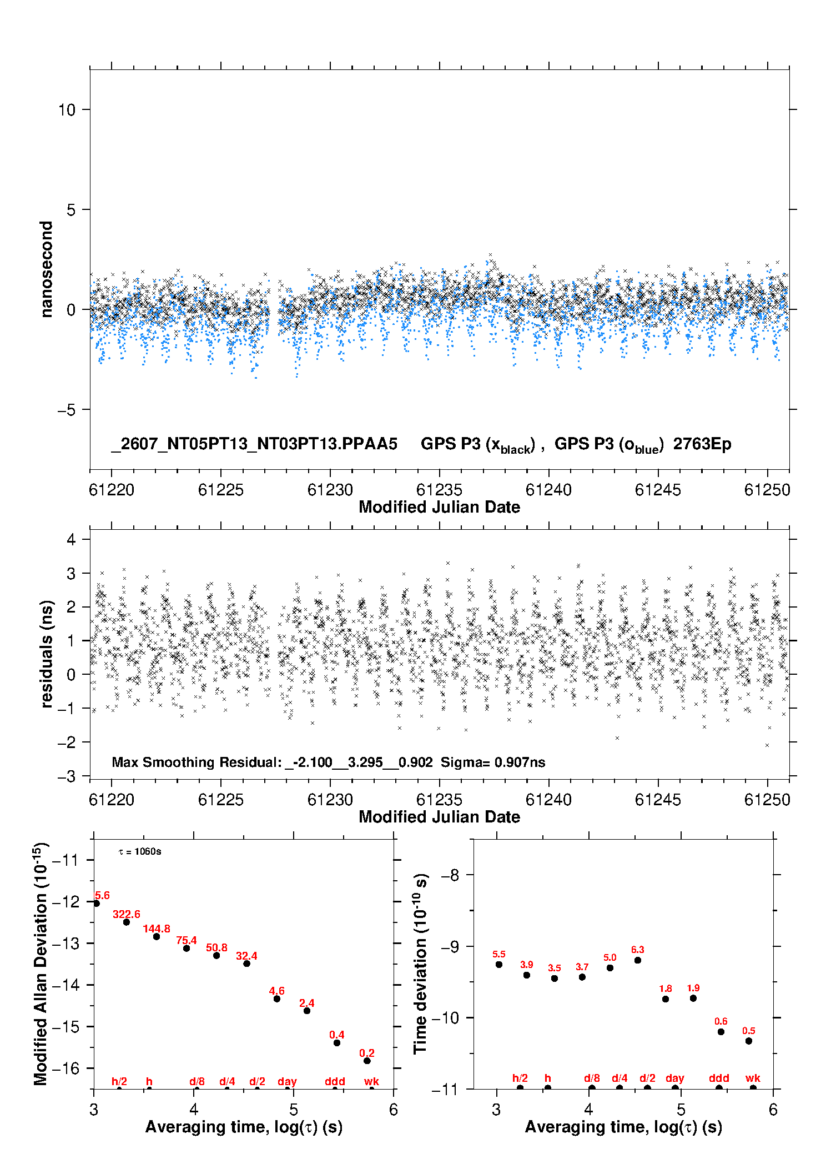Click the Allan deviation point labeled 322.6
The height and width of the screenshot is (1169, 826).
(x=127, y=922)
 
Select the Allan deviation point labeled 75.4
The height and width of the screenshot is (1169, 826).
(x=187, y=948)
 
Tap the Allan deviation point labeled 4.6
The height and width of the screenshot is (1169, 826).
(x=276, y=999)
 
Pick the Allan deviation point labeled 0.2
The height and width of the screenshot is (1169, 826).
(x=367, y=1061)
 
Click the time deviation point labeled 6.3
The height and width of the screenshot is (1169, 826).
(x=638, y=960)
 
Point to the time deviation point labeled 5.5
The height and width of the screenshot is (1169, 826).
(x=499, y=964)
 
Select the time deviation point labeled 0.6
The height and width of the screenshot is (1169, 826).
(x=721, y=1032)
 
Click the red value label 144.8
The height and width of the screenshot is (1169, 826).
(x=157, y=929)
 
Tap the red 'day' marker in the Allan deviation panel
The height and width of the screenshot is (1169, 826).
(x=287, y=1082)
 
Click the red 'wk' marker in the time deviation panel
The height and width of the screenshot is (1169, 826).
(x=753, y=1078)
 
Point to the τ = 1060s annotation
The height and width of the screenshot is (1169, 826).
(x=140, y=852)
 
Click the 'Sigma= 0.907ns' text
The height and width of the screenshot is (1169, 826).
(x=493, y=762)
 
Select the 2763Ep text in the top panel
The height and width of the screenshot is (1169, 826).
(x=702, y=444)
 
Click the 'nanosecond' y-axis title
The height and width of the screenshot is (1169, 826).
(x=47, y=269)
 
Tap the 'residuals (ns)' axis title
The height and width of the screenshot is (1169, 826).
(x=47, y=654)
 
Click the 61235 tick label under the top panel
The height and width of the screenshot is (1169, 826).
(x=439, y=490)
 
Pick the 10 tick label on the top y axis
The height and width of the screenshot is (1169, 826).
(x=67, y=110)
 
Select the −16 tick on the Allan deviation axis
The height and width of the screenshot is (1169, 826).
(x=65, y=1068)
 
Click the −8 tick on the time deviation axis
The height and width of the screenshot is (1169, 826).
(x=450, y=875)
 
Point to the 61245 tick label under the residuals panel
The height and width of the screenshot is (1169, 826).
(x=658, y=800)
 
